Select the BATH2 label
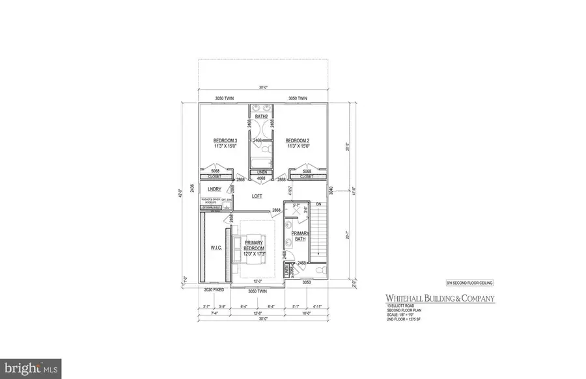point(261,116)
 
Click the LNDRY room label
point(206,190)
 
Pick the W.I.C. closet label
point(216,248)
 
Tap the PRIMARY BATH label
point(299,236)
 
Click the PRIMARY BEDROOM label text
point(254,245)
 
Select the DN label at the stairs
point(318,204)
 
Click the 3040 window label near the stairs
point(331,190)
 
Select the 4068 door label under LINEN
point(261,178)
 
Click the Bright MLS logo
point(31,369)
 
